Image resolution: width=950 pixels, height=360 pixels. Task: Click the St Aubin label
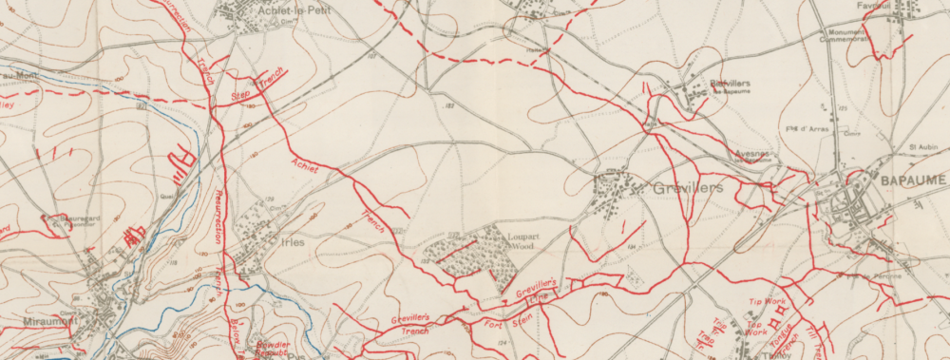pyautogui.click(x=923, y=147)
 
